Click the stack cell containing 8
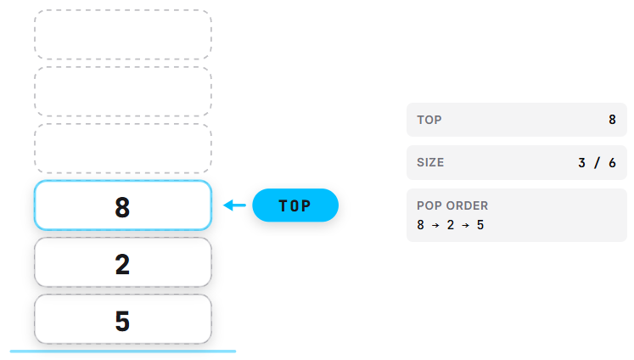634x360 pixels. pos(123,205)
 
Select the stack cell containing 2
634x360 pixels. pos(123,262)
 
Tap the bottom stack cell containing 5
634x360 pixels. pos(123,319)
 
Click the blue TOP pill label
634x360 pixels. pos(295,205)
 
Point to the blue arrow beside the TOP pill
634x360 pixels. pos(234,205)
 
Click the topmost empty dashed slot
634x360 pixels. pos(123,35)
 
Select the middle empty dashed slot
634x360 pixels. pos(123,92)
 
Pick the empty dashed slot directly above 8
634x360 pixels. pos(123,149)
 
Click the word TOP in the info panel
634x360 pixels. pos(429,120)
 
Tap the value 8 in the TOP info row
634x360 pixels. pos(612,120)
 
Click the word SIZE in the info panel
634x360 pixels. pos(430,163)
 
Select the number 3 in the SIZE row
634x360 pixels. pos(582,163)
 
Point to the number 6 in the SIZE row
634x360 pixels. pos(612,163)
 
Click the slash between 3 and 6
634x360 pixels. pos(597,163)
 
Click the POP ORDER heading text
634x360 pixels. pos(452,205)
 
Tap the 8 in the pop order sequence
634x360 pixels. pos(420,225)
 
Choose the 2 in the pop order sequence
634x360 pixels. pos(451,225)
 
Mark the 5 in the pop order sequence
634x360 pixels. pos(480,225)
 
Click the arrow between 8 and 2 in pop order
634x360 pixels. pos(435,225)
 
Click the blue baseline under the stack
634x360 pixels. pos(123,352)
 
